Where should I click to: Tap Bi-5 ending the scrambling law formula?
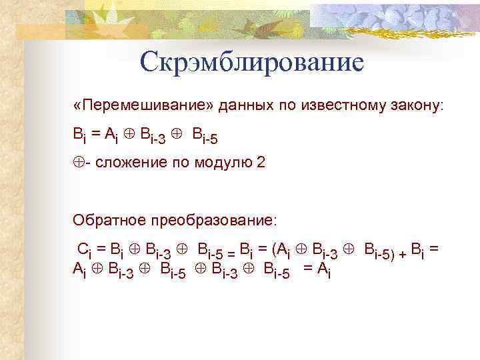click(204, 136)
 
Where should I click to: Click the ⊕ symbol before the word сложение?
click(78, 163)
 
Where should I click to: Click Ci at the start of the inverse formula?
click(85, 251)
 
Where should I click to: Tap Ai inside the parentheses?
click(285, 251)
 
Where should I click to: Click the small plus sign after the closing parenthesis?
click(401, 252)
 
